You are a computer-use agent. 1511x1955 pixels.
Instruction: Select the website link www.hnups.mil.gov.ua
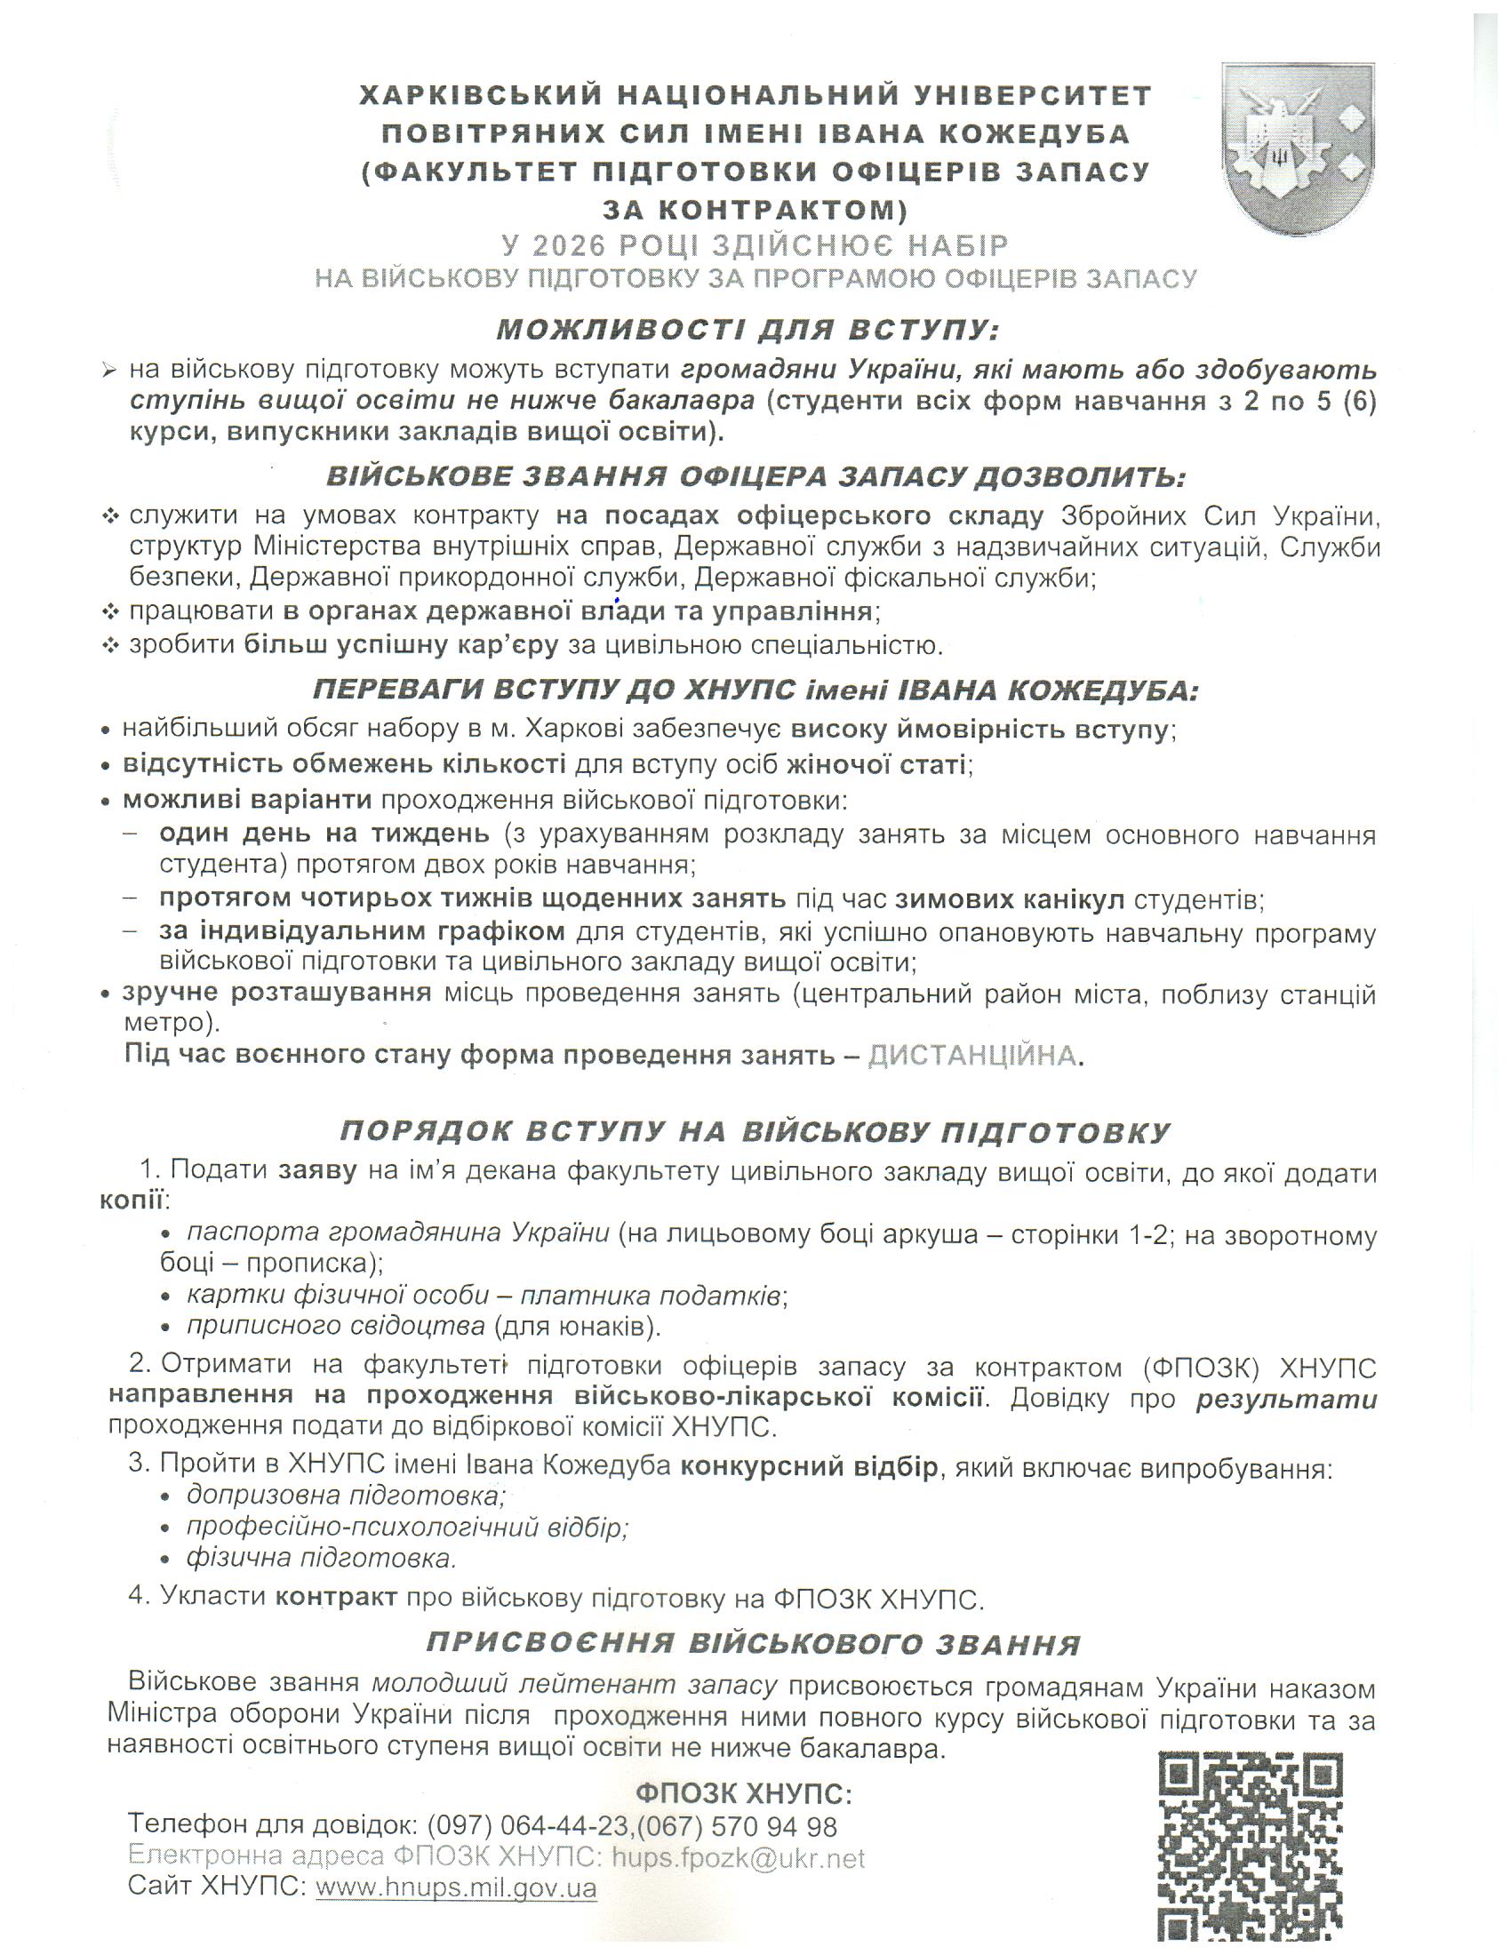coord(457,1887)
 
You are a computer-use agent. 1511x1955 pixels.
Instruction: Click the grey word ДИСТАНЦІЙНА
coord(972,1056)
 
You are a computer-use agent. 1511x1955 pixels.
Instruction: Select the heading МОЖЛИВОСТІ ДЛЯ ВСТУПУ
coord(748,330)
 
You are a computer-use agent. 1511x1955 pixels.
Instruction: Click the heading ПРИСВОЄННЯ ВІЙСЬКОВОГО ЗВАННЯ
coord(753,1643)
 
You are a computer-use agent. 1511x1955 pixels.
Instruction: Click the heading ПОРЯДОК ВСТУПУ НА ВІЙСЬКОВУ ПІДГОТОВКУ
coord(755,1131)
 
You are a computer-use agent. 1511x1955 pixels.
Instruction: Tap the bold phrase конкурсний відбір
coord(808,1466)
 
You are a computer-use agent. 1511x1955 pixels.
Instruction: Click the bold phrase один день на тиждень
coord(324,834)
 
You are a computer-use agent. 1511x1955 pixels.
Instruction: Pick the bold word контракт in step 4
coord(336,1597)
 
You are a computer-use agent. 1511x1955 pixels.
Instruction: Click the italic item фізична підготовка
coord(322,1558)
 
